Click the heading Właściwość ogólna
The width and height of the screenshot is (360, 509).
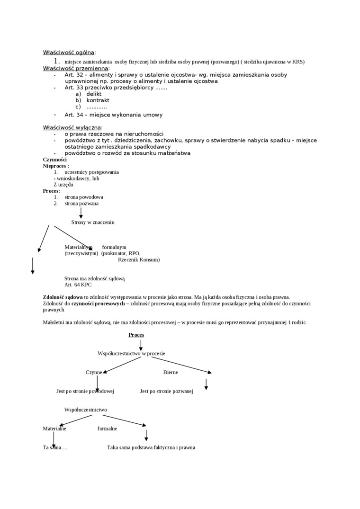pyautogui.click(x=69, y=52)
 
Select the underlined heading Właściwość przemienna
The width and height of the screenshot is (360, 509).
pyautogui.click(x=75, y=68)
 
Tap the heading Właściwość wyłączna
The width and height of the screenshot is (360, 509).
pyautogui.click(x=72, y=127)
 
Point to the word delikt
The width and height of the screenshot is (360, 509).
pyautogui.click(x=94, y=94)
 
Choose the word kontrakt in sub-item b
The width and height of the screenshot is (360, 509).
pyautogui.click(x=98, y=100)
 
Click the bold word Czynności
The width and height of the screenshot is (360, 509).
pyautogui.click(x=55, y=160)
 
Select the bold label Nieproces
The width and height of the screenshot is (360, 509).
pyautogui.click(x=55, y=166)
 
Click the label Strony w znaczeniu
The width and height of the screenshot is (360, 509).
pyautogui.click(x=93, y=222)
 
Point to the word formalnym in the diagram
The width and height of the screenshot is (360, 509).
pyautogui.click(x=114, y=247)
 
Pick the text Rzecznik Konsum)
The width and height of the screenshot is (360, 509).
pyautogui.click(x=139, y=259)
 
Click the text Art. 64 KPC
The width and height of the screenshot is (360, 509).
pyautogui.click(x=78, y=285)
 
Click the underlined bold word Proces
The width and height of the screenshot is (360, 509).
pyautogui.click(x=136, y=335)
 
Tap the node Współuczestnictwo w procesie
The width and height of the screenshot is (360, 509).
pyautogui.click(x=131, y=353)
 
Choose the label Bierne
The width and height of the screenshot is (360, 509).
pyautogui.click(x=171, y=372)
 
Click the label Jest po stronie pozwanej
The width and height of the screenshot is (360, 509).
pyautogui.click(x=167, y=391)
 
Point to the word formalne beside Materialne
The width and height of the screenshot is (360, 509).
pyautogui.click(x=107, y=429)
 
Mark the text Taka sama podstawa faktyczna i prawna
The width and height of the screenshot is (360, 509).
pyautogui.click(x=151, y=447)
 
